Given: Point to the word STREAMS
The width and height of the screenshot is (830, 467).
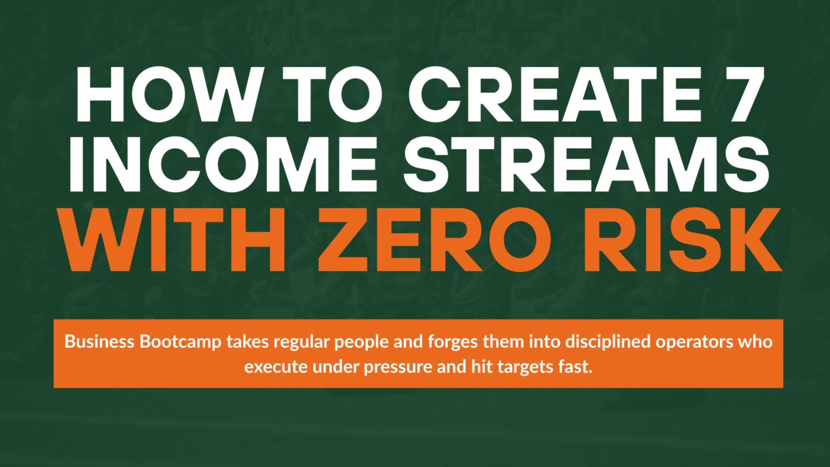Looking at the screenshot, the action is pyautogui.click(x=586, y=164).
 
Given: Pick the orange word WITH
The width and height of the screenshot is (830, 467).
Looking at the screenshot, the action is pyautogui.click(x=175, y=240).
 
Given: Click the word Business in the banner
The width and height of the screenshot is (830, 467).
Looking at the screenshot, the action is pyautogui.click(x=99, y=341).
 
